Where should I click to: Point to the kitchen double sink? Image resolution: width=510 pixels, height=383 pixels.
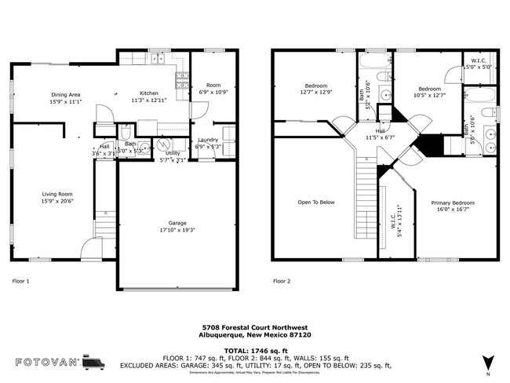[158, 58]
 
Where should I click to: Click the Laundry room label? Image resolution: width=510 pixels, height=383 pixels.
[208, 139]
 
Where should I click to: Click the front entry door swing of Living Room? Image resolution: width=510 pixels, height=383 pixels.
[91, 250]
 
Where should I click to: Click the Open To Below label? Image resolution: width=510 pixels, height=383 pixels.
[316, 202]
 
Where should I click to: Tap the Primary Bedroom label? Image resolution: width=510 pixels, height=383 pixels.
[453, 202]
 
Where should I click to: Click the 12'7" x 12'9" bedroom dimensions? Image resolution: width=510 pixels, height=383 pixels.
[316, 93]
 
